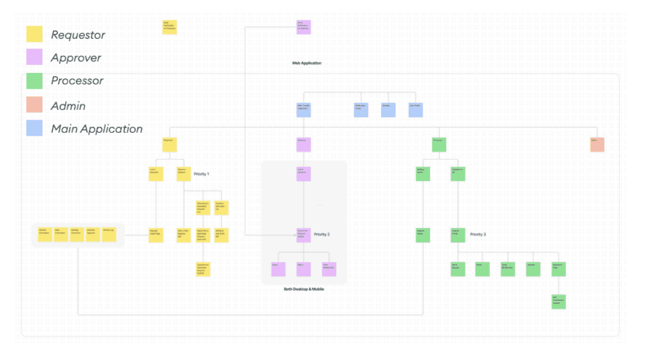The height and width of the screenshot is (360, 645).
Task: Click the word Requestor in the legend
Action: tap(78, 35)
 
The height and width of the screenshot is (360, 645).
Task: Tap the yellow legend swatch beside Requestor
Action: tap(35, 35)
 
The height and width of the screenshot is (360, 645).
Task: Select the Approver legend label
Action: tap(76, 58)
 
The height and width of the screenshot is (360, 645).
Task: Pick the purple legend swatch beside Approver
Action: tap(35, 57)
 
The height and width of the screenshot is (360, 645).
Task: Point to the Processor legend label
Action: tap(77, 81)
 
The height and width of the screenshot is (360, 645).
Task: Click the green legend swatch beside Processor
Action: tap(35, 81)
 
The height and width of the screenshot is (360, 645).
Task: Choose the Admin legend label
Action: tap(68, 106)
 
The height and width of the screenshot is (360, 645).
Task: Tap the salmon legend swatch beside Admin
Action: tap(35, 105)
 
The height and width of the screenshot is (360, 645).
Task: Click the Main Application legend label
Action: tap(97, 129)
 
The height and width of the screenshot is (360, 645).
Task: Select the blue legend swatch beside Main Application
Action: tap(35, 128)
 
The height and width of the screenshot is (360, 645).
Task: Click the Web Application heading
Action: tap(307, 63)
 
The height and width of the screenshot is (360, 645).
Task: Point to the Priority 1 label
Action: tap(202, 174)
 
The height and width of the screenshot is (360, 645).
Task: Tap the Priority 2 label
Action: tap(321, 234)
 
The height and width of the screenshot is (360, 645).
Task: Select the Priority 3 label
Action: tap(477, 234)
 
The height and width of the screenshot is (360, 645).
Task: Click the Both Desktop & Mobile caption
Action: tap(304, 289)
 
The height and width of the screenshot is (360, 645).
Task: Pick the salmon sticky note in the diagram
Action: tap(597, 144)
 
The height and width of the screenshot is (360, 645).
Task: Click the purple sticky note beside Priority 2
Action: tap(304, 234)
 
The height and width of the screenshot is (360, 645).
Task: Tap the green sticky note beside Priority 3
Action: tap(458, 234)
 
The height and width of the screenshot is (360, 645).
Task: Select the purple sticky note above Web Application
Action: tap(304, 28)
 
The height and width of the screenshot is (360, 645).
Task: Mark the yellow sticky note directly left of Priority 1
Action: tap(184, 174)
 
